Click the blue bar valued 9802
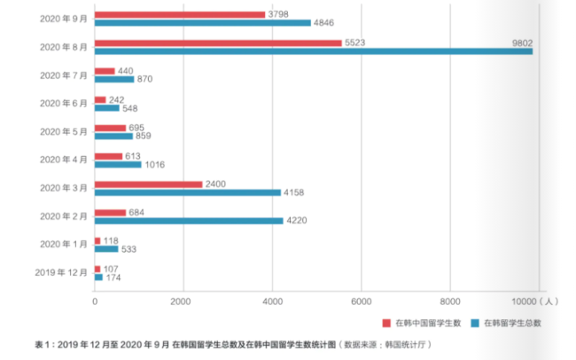[x=313, y=51]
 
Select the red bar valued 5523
[x=218, y=43]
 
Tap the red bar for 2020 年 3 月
[x=148, y=184]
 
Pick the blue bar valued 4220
[x=189, y=221]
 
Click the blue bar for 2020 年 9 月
[x=203, y=23]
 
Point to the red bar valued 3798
[x=180, y=14]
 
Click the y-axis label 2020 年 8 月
[x=63, y=47]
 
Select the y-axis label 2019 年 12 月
[x=60, y=273]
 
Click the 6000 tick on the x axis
[x=360, y=301]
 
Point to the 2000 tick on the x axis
[x=183, y=301]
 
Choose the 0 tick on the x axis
[x=95, y=301]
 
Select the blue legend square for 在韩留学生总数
[x=475, y=323]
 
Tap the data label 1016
[x=155, y=165]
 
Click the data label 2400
[x=216, y=184]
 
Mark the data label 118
[x=112, y=240]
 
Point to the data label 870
[x=146, y=80]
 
